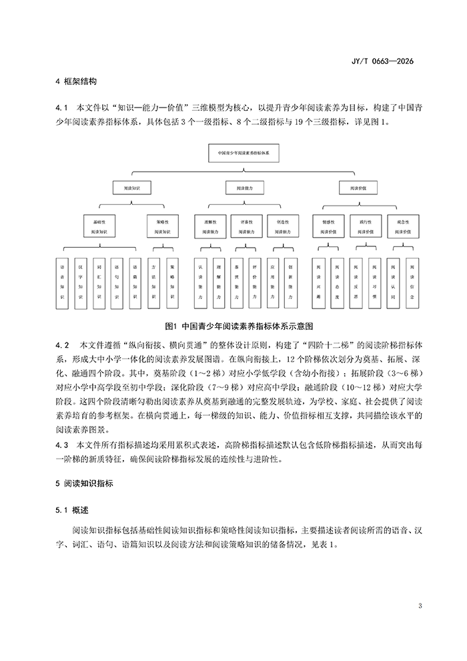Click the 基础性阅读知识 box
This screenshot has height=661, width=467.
(99, 225)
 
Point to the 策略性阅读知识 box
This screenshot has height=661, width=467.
(161, 225)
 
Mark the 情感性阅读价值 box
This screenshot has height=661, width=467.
(328, 225)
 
